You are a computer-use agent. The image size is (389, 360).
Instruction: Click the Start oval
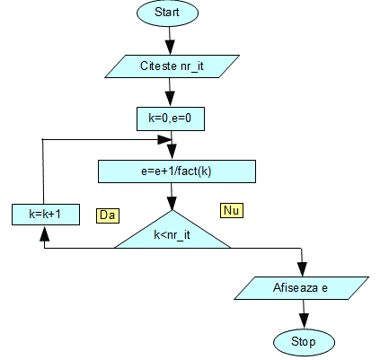tap(167, 13)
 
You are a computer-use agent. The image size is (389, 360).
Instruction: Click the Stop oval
tap(304, 342)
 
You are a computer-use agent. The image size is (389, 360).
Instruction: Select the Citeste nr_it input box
tap(172, 66)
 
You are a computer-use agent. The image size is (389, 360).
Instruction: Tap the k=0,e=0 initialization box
tap(171, 119)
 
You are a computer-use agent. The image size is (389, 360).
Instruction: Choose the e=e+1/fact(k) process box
tap(177, 171)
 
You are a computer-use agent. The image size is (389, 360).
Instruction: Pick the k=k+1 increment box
tap(46, 215)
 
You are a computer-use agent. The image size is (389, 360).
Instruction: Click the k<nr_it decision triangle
tap(172, 232)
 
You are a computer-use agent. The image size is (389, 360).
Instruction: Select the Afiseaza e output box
tap(301, 288)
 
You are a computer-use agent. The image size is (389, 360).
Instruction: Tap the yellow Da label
tap(108, 215)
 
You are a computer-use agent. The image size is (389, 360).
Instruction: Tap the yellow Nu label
tap(232, 210)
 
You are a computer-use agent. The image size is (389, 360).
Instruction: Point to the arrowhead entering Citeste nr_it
tap(170, 48)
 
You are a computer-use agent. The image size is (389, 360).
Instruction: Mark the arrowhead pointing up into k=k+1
tap(44, 233)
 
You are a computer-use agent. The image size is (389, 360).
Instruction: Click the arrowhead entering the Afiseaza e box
tap(302, 269)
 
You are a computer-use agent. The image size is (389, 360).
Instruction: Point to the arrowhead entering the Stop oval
tap(304, 321)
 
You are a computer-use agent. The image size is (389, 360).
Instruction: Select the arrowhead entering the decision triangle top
tap(172, 203)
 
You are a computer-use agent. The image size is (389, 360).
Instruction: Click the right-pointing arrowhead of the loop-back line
tap(164, 139)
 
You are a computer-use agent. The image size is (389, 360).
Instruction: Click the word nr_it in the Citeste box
tap(192, 66)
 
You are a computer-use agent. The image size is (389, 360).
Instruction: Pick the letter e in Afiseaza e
tap(324, 288)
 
